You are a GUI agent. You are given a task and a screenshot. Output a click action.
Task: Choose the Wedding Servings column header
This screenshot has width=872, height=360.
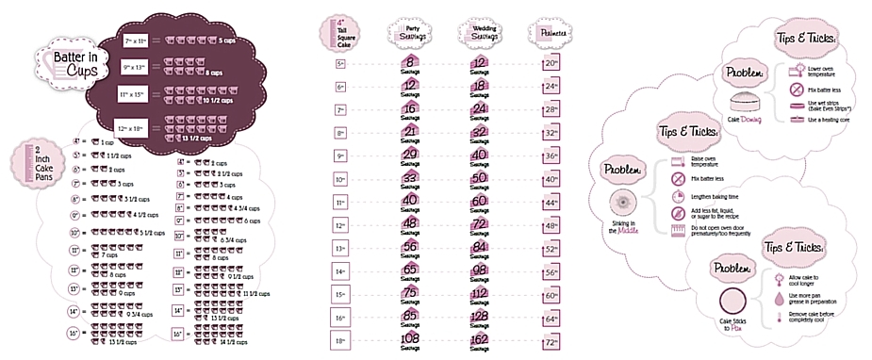[x=478, y=32]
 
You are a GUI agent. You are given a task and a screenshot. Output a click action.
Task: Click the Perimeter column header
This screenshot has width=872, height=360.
[x=552, y=32]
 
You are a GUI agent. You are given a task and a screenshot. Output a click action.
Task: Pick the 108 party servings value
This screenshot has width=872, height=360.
[x=409, y=337]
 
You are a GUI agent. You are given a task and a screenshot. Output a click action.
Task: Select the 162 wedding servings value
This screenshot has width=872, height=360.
[x=478, y=337]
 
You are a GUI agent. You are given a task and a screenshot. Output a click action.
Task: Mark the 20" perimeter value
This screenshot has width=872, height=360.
[x=552, y=65]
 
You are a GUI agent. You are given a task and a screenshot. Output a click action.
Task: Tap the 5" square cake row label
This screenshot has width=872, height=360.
[x=341, y=65]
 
